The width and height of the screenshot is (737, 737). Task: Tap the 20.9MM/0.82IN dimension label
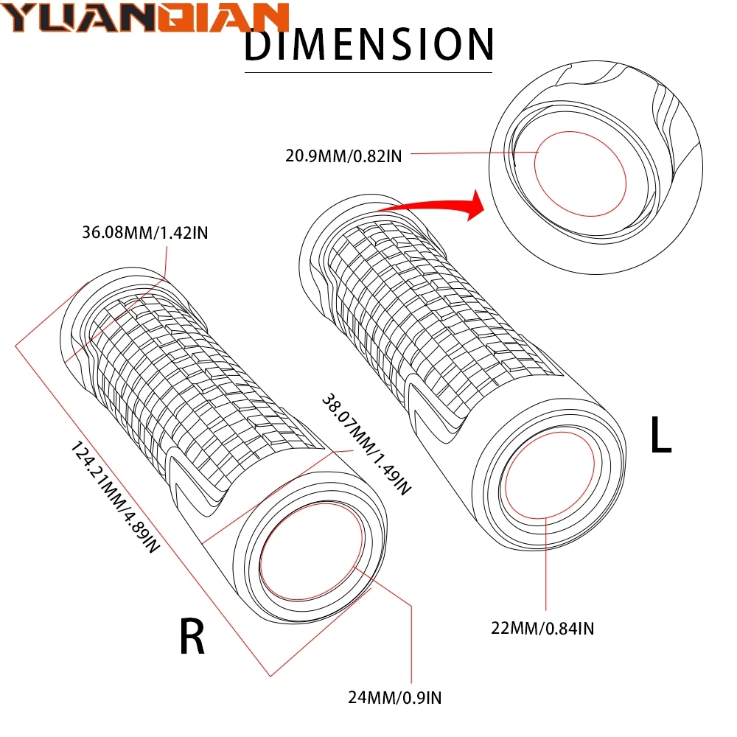point(344,156)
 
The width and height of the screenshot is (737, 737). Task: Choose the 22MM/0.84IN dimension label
point(543,628)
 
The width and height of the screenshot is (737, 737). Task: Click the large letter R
point(192,638)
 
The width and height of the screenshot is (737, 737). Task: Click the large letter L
point(660,436)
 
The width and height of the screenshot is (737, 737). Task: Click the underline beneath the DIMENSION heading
point(368,71)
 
